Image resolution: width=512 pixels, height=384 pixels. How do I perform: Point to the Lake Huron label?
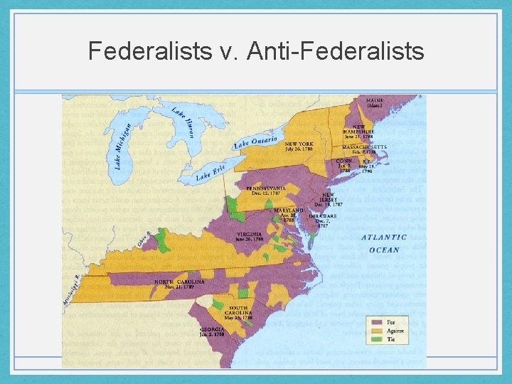pos(181,120)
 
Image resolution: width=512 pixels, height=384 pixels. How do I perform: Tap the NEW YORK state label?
pos(299,144)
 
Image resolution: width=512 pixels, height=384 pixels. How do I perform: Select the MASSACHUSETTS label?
pos(366,147)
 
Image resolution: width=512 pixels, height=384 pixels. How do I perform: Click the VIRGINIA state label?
pos(250,235)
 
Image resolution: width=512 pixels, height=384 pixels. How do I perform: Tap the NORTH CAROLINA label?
pos(180,282)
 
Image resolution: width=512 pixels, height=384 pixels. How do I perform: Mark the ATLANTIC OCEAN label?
pos(384,243)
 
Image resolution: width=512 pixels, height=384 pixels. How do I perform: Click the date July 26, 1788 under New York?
pos(299,149)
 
